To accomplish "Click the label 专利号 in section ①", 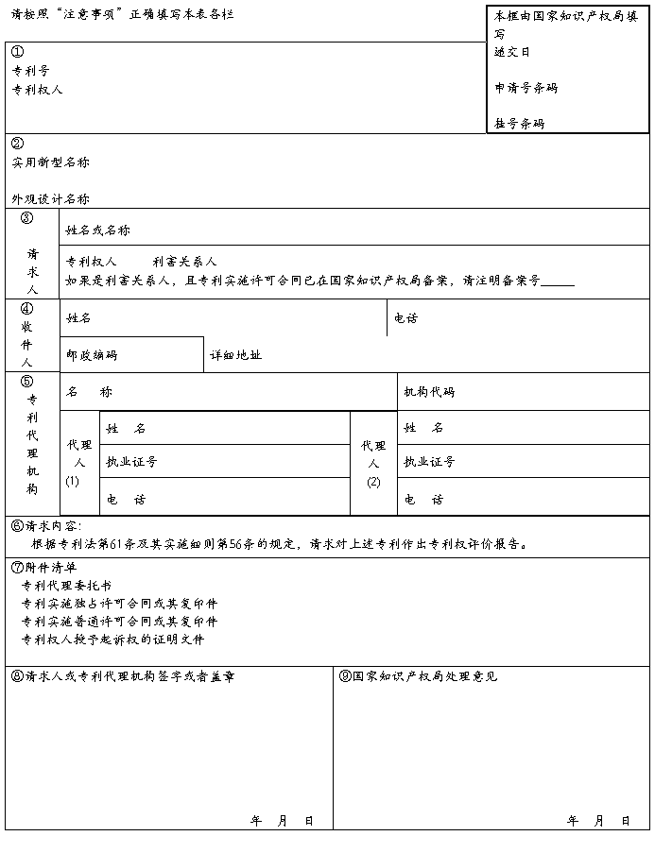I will (30, 71).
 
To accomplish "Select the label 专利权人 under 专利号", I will (37, 90).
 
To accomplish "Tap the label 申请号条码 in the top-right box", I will (526, 88).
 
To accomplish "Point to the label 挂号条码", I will (519, 124).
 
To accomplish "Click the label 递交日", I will (512, 52).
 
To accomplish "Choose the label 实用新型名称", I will (50, 162).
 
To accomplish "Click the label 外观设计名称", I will (50, 199).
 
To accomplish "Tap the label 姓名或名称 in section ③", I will (97, 230).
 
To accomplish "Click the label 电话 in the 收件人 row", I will (405, 318).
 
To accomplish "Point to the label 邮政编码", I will (92, 355).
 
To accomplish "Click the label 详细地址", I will (235, 355).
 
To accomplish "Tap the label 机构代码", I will (429, 392).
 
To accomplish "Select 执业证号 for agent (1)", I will (131, 462).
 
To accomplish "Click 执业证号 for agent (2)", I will (429, 462).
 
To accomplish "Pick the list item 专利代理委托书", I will (65, 586).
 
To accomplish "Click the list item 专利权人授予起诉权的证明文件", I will (112, 640).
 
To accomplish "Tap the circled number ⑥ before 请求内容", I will (17, 525).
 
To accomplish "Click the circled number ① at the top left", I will (17, 52).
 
